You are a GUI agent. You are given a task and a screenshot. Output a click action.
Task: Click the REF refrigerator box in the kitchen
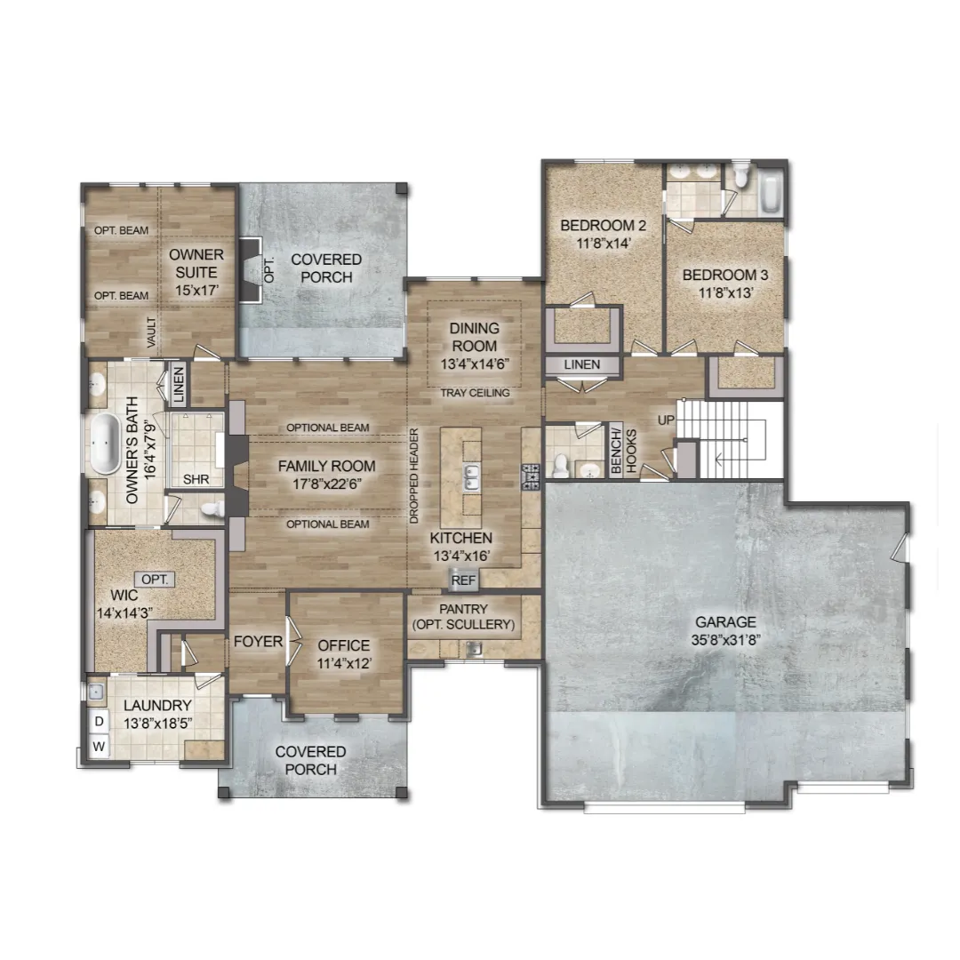463,580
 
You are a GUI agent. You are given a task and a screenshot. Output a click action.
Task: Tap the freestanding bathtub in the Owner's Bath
105,444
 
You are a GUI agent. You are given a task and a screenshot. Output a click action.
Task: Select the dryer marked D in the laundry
99,721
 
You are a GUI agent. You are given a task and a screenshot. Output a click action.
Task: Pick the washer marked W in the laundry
99,747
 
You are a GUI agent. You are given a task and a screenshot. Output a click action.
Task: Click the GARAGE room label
725,622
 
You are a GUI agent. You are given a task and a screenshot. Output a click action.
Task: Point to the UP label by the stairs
666,420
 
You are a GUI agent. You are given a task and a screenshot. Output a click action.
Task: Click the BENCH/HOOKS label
624,452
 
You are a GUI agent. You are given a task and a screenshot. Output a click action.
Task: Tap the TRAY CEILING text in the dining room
475,393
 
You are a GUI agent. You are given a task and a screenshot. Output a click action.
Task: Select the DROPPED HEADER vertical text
414,476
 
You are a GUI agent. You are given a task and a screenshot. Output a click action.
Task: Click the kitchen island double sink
471,477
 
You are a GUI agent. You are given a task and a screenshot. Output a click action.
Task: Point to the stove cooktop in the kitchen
530,477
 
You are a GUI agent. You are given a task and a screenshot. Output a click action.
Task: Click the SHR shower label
196,479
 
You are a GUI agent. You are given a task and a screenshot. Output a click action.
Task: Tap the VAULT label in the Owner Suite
152,332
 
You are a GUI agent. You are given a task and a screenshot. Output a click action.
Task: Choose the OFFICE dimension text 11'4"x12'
344,664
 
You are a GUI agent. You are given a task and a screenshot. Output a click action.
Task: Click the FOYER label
259,642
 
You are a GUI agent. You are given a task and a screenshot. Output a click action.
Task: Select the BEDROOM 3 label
725,275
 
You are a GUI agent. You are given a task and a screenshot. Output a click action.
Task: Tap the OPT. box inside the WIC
155,580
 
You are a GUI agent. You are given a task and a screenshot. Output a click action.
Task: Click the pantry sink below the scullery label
473,648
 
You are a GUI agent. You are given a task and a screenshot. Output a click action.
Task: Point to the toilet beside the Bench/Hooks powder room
560,464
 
